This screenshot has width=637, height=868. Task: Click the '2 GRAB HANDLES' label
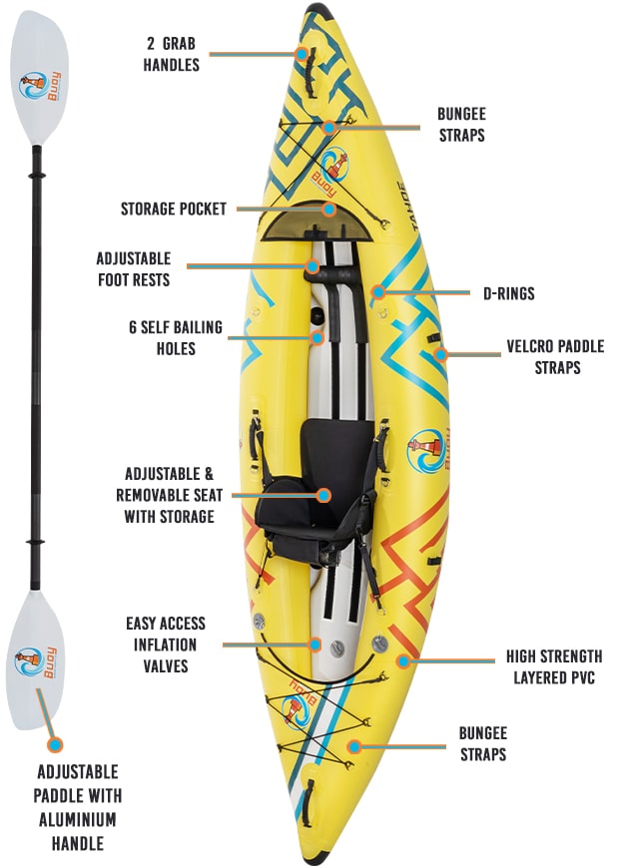click(x=171, y=55)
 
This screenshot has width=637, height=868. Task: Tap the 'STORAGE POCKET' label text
click(x=174, y=209)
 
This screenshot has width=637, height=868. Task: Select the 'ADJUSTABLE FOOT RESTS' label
click(x=134, y=268)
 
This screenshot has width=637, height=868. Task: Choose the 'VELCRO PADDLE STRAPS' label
click(x=555, y=357)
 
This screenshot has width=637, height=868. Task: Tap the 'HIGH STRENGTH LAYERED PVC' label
click(x=554, y=666)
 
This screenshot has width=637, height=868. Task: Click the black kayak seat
click(x=316, y=489)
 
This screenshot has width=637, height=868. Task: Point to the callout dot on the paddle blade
click(x=55, y=743)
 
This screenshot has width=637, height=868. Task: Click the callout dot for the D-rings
click(x=378, y=293)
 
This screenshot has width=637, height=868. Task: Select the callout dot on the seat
click(x=322, y=495)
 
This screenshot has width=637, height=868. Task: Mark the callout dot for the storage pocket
click(x=329, y=210)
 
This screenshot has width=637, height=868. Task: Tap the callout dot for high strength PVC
click(x=403, y=659)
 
